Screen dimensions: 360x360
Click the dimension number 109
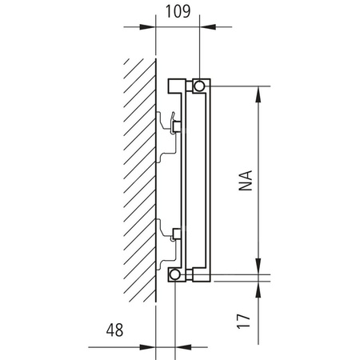click(x=177, y=12)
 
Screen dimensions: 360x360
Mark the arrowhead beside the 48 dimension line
click(x=150, y=346)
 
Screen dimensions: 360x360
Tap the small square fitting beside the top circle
click(x=174, y=85)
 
